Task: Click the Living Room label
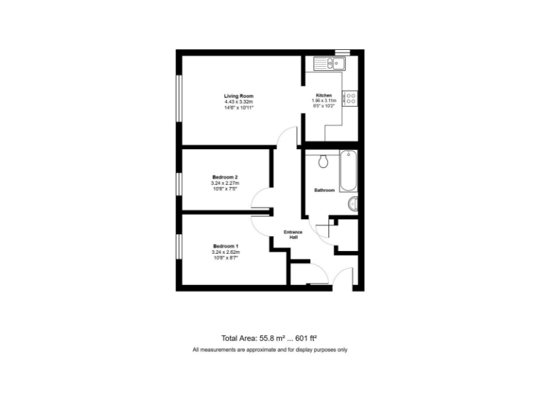(238, 96)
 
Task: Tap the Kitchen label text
(323, 96)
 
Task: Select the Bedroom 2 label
(226, 177)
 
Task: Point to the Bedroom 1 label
(226, 245)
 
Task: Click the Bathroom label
(324, 191)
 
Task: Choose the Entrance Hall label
(293, 235)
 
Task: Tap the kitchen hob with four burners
(350, 98)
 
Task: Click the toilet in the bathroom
(324, 162)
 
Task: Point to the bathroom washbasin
(354, 204)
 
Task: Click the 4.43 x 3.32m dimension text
(238, 102)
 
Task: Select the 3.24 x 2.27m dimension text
(226, 184)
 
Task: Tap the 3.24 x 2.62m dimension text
(226, 252)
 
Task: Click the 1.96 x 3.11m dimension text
(324, 101)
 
